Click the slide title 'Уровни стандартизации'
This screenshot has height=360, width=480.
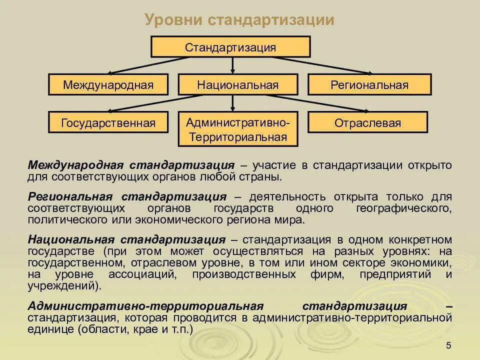click(x=239, y=20)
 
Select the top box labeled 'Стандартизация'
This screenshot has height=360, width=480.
click(x=230, y=47)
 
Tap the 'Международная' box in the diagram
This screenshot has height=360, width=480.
click(x=108, y=84)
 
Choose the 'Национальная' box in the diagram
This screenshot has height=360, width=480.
click(x=237, y=84)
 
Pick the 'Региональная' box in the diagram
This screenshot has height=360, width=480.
click(x=369, y=84)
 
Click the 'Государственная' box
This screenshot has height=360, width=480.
click(x=108, y=122)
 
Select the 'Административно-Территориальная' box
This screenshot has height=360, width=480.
click(x=237, y=129)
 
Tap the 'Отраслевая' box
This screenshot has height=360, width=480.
click(x=367, y=122)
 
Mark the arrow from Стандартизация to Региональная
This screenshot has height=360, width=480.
click(x=325, y=65)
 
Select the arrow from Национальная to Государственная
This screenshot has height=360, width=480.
click(x=150, y=102)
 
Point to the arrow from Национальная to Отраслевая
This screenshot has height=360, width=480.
click(x=325, y=102)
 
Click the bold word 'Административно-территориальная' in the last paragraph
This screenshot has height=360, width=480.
click(x=145, y=306)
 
